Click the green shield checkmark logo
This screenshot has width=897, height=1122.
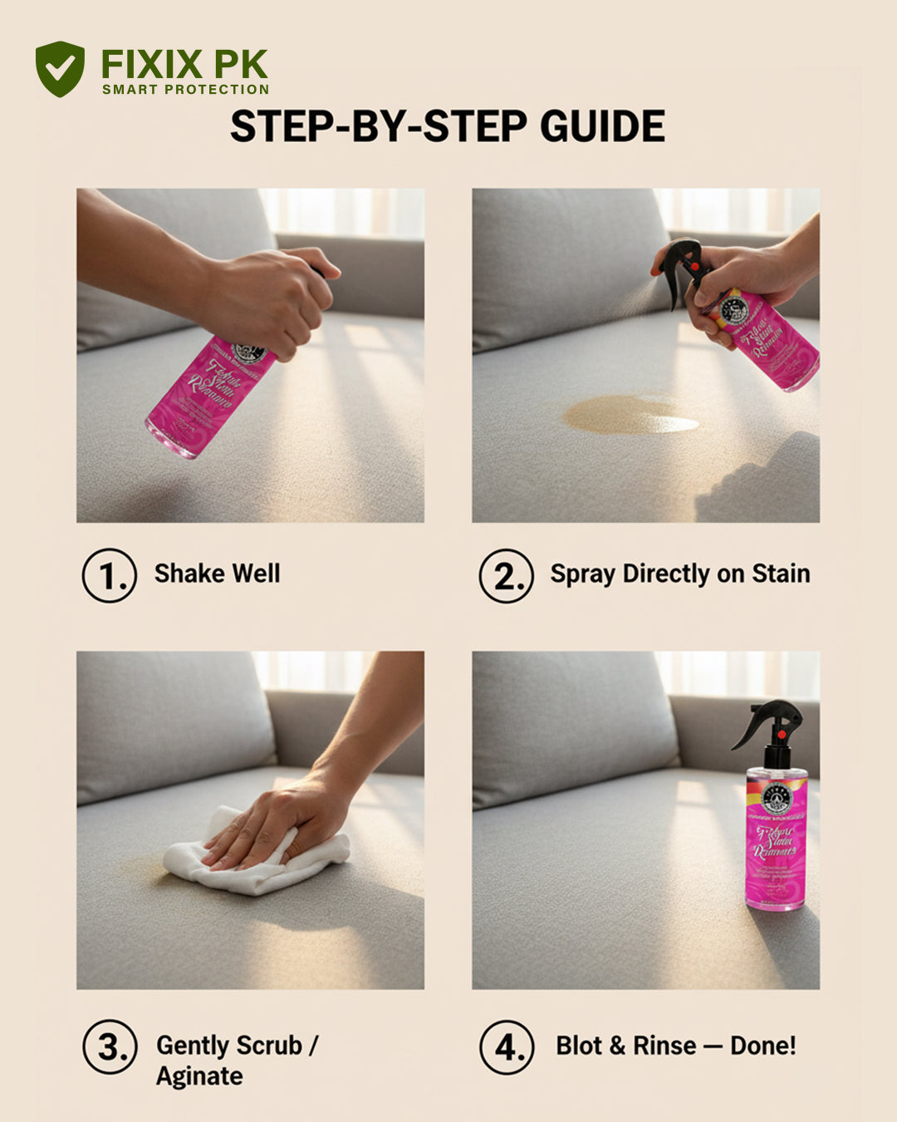pos(60,68)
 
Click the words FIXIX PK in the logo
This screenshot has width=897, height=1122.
pos(184,65)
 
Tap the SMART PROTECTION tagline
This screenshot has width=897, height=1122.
pos(185,90)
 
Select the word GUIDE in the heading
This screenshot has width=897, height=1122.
pos(602,127)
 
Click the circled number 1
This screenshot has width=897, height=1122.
pos(109,575)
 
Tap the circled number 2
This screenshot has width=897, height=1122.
pos(506,575)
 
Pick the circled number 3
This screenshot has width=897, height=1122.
pos(110,1047)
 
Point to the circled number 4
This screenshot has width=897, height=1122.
pos(507,1047)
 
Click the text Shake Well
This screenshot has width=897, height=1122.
pos(217,573)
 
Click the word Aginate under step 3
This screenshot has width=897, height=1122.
pos(199,1076)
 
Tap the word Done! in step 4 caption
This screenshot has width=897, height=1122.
pos(762,1046)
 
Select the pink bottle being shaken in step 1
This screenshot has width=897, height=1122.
pos(208,395)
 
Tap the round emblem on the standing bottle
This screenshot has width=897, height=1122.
pos(777,798)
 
